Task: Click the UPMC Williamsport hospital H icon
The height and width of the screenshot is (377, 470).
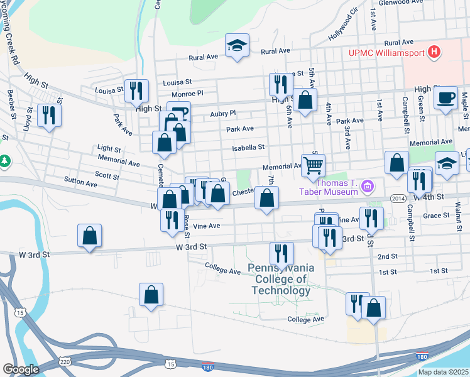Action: pos(433,52)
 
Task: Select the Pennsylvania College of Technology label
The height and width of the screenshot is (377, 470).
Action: pos(280,279)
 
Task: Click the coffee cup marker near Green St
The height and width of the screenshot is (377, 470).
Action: pos(446,98)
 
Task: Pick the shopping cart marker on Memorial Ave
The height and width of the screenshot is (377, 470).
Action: pos(313,167)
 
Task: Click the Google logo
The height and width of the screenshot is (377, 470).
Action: pos(21,369)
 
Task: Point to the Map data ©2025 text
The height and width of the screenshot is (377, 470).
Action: pos(443,372)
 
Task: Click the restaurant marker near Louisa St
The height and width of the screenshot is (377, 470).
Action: pos(136,92)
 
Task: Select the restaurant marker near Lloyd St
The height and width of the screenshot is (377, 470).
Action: pos(48,116)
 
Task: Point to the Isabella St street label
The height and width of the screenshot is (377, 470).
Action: pos(248,148)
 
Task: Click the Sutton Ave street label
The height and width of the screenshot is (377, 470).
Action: pos(80,184)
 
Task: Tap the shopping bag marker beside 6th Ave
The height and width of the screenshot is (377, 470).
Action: pos(305,101)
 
